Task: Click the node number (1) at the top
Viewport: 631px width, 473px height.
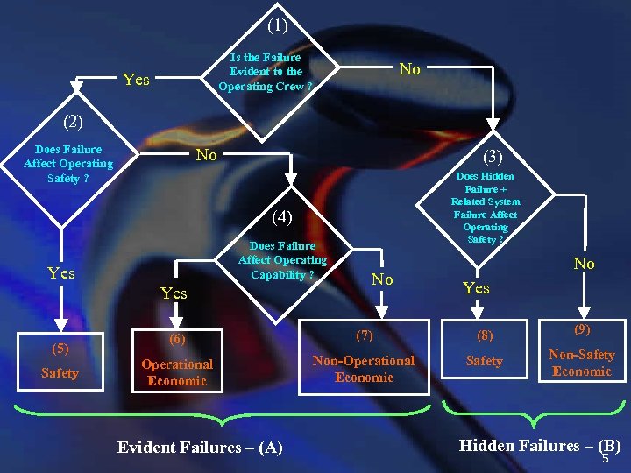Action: click(x=277, y=26)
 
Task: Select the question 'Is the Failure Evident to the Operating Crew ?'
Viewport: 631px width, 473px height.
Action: click(x=265, y=72)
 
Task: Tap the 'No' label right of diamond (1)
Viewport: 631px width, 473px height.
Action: click(x=409, y=69)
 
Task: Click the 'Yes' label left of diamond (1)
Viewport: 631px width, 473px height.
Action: click(x=136, y=80)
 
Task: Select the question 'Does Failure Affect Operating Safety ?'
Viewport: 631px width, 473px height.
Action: click(x=68, y=164)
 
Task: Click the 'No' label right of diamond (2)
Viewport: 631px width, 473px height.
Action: click(x=206, y=155)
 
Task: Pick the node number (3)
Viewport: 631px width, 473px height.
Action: click(x=493, y=157)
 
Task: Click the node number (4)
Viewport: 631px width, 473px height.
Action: click(x=281, y=216)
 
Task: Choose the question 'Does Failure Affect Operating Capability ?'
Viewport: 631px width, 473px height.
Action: click(x=282, y=260)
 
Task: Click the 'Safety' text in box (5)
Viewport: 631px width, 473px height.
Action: click(x=60, y=373)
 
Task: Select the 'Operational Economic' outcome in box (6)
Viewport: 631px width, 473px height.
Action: click(x=177, y=372)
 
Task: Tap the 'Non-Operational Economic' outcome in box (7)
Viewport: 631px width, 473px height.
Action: click(x=364, y=369)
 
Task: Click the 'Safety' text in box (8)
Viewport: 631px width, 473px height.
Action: click(x=485, y=361)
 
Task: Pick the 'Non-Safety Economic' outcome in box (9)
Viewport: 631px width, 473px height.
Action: click(x=581, y=363)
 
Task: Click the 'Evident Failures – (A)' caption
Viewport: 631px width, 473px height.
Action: click(x=200, y=448)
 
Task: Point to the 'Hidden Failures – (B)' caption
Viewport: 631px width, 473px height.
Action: click(x=539, y=445)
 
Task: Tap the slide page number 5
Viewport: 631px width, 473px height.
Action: click(x=605, y=459)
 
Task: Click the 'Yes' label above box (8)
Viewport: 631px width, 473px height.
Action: click(x=476, y=288)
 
